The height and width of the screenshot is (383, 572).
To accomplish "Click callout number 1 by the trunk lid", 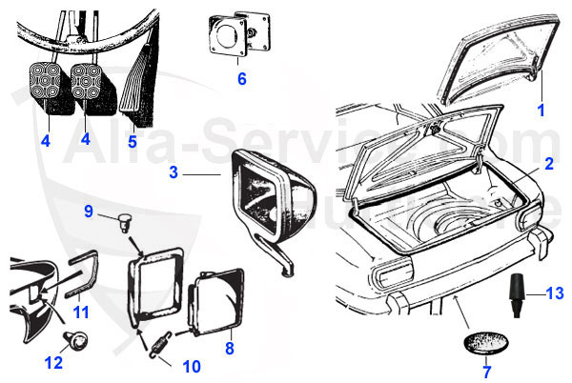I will pyautogui.click(x=541, y=111).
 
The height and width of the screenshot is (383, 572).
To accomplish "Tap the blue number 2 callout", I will pyautogui.click(x=549, y=165).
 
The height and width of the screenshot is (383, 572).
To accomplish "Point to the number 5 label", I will pyautogui.click(x=132, y=143).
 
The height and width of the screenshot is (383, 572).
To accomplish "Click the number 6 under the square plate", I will pyautogui.click(x=241, y=79).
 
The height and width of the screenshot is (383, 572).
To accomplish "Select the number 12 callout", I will pyautogui.click(x=52, y=362).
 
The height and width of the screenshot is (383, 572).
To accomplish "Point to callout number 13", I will pyautogui.click(x=558, y=293).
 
